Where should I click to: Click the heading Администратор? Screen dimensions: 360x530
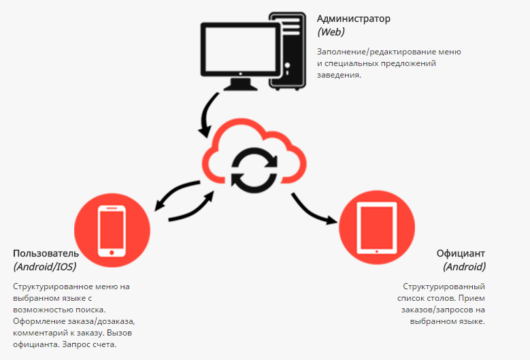tap(354, 18)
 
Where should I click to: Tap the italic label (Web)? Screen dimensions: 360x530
tap(331, 32)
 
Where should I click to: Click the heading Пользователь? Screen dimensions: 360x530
tap(50, 254)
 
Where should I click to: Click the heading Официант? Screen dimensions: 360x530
tap(461, 254)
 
